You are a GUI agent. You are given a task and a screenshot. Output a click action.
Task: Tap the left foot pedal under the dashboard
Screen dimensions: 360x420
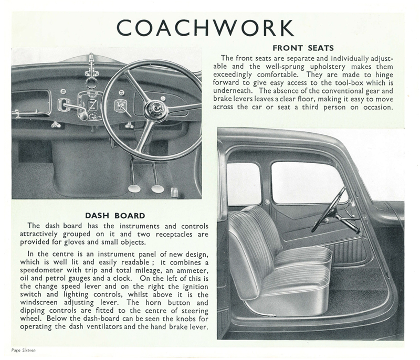point(134,187)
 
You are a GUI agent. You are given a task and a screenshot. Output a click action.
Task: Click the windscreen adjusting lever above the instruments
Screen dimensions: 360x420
point(92,65)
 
